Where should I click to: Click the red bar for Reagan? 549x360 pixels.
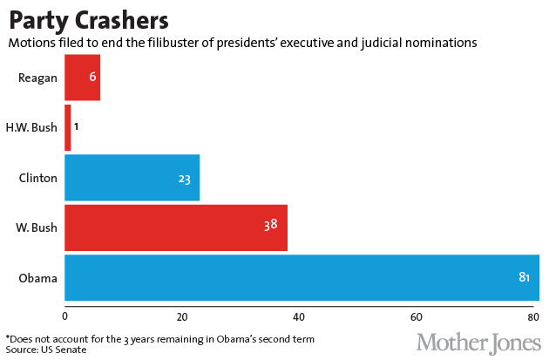point(82,78)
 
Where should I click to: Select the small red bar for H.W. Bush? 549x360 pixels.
point(67,127)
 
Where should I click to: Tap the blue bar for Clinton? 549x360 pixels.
point(131,178)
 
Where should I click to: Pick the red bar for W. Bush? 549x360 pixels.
point(174,228)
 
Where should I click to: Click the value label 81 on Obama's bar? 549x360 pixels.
point(525,278)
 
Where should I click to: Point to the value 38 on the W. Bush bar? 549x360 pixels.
point(271,225)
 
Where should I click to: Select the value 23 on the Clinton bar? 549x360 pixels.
point(184,180)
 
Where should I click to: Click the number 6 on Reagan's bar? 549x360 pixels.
point(92,78)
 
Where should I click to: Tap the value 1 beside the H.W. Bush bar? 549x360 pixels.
point(77,127)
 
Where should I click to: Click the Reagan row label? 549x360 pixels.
point(37,78)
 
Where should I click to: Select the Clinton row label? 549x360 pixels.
point(37,178)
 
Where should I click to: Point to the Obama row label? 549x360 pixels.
point(38,278)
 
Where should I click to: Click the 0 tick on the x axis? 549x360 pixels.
point(65,316)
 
